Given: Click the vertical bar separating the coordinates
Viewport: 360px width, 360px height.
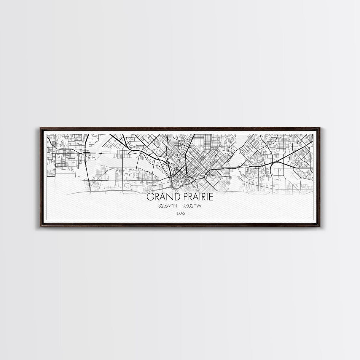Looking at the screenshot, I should click(x=180, y=206).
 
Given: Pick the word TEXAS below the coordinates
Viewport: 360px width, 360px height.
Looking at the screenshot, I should click(x=180, y=213).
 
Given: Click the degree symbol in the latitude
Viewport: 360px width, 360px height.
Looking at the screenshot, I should click(x=173, y=205).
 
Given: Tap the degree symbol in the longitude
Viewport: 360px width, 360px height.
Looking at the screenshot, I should click(x=196, y=205).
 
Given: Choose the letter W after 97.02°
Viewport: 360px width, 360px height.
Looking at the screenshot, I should click(x=199, y=206).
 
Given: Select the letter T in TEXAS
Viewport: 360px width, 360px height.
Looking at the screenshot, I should click(x=176, y=213).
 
